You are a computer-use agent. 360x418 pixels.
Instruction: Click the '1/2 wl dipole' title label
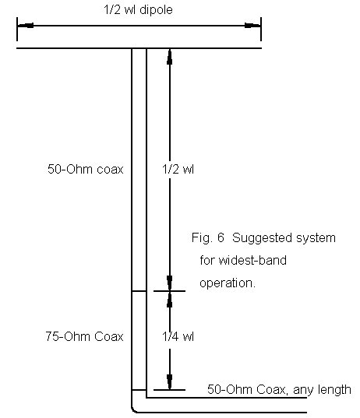click(138, 10)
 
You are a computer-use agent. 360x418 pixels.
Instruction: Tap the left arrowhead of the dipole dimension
click(26, 26)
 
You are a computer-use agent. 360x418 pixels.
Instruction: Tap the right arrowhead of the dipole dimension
click(252, 26)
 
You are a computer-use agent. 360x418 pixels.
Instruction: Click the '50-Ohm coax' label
click(86, 169)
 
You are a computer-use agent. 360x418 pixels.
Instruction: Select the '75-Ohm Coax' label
click(84, 336)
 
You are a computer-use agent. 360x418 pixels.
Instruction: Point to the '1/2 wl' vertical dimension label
click(178, 169)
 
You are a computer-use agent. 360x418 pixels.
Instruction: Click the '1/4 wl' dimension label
click(178, 336)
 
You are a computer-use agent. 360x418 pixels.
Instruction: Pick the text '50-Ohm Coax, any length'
click(279, 389)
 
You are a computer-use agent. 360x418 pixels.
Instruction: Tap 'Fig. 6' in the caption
click(207, 237)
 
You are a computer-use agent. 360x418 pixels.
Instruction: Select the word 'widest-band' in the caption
click(252, 260)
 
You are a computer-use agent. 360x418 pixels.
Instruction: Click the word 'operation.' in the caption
click(228, 283)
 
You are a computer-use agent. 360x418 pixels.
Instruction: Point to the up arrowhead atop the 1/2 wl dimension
click(169, 57)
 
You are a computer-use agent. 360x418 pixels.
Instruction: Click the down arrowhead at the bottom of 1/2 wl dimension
click(169, 283)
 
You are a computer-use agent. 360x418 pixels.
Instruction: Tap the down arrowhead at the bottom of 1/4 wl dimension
click(169, 381)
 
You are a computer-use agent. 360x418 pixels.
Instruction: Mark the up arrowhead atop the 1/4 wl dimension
click(169, 299)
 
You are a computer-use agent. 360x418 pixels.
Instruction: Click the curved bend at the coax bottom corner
click(133, 410)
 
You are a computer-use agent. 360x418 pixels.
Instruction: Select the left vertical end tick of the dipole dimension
click(17, 29)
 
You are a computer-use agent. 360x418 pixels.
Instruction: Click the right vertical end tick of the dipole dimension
click(261, 29)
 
